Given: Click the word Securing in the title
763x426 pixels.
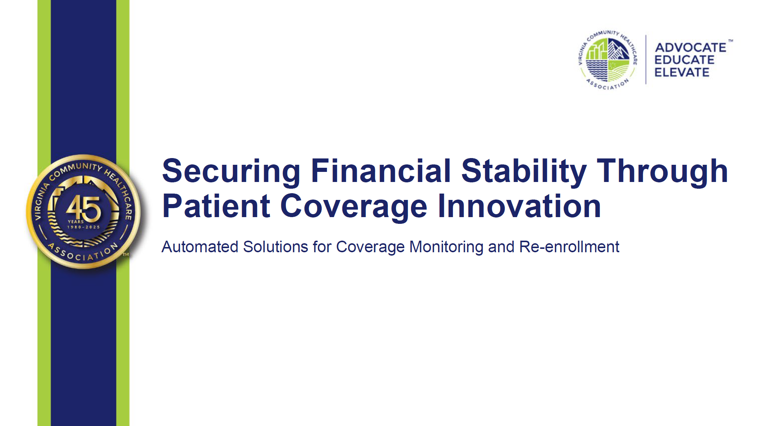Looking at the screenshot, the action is click(x=231, y=172).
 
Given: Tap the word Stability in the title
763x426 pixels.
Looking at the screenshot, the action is click(x=524, y=172).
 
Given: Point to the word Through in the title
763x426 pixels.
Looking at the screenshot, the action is click(x=662, y=172).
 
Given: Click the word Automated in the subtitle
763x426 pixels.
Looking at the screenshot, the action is click(x=200, y=247).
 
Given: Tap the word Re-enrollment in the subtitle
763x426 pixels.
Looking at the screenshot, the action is click(x=569, y=247).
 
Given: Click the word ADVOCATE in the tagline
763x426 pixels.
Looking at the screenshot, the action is click(x=691, y=47).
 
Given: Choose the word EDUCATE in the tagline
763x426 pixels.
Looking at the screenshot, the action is click(x=685, y=60).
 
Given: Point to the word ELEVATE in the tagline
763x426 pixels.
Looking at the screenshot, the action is click(x=682, y=72).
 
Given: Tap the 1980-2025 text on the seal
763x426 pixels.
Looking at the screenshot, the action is click(x=84, y=227).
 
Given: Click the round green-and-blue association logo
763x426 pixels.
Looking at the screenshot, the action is click(x=608, y=60).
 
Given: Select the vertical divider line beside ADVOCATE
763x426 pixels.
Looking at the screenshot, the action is click(x=646, y=60).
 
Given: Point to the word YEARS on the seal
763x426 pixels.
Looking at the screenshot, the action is click(x=76, y=222).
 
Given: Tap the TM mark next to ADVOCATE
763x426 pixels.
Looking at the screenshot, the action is click(x=730, y=41).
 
